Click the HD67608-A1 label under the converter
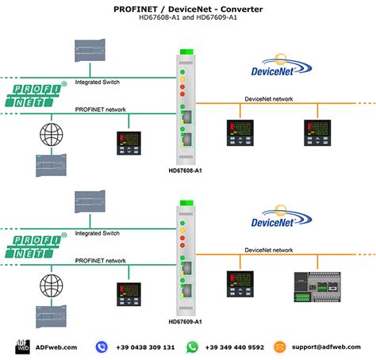[x=187, y=170]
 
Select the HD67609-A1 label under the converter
[x=187, y=322]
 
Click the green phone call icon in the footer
[x=192, y=347]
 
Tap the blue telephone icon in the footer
[x=102, y=347]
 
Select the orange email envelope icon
[x=279, y=347]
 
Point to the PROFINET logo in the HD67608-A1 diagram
[x=36, y=95]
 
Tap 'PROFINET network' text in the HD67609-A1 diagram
[x=100, y=260]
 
